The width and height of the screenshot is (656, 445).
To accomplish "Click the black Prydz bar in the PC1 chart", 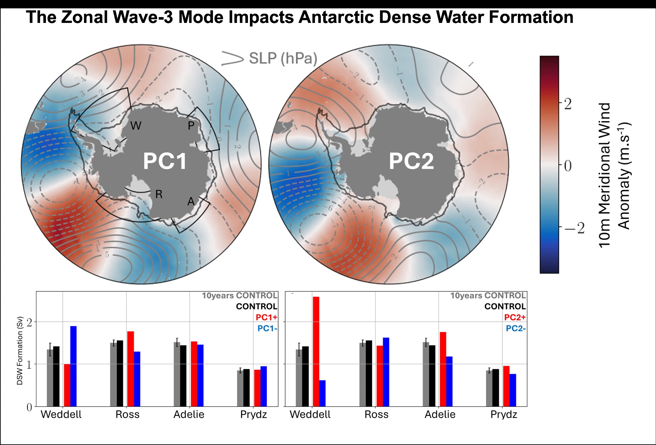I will [247, 388].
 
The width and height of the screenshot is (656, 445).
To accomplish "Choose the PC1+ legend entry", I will [266, 317].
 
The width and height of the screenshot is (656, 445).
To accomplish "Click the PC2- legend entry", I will [516, 328].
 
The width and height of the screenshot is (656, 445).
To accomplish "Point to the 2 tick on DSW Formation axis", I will [30, 322].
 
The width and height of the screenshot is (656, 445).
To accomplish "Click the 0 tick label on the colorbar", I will [568, 166].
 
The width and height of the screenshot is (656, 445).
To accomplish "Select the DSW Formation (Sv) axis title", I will [20, 350].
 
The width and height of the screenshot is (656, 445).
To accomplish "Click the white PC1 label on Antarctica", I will [165, 161].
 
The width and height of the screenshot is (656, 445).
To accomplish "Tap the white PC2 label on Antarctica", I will [411, 161].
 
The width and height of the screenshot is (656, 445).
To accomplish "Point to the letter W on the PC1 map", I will [136, 126].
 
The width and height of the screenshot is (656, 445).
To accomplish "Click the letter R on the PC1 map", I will [159, 195].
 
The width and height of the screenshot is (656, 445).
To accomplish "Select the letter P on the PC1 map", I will [191, 125].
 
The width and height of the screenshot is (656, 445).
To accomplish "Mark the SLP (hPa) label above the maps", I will [283, 59].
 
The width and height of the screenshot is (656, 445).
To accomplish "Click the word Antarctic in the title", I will [336, 17].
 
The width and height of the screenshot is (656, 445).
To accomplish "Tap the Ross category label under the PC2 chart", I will [376, 415].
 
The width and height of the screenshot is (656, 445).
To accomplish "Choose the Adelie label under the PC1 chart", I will [189, 415].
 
